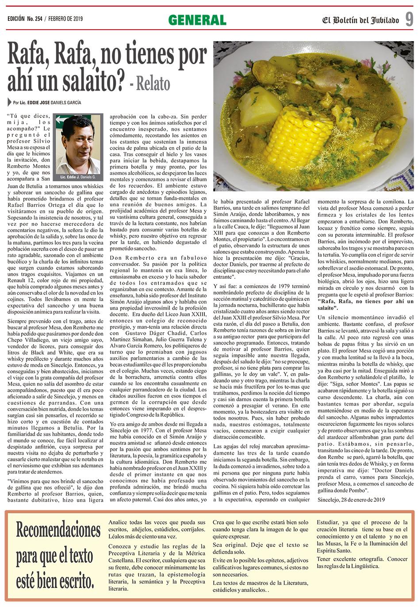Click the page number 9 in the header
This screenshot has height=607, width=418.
409,19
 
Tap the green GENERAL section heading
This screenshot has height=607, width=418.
197,20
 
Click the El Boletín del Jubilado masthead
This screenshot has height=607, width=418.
360,20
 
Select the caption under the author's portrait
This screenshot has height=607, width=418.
78,177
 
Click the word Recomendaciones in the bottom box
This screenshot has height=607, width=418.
58,530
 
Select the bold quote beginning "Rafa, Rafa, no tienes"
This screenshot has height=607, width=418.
365,304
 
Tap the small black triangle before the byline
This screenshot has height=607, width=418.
10,102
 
